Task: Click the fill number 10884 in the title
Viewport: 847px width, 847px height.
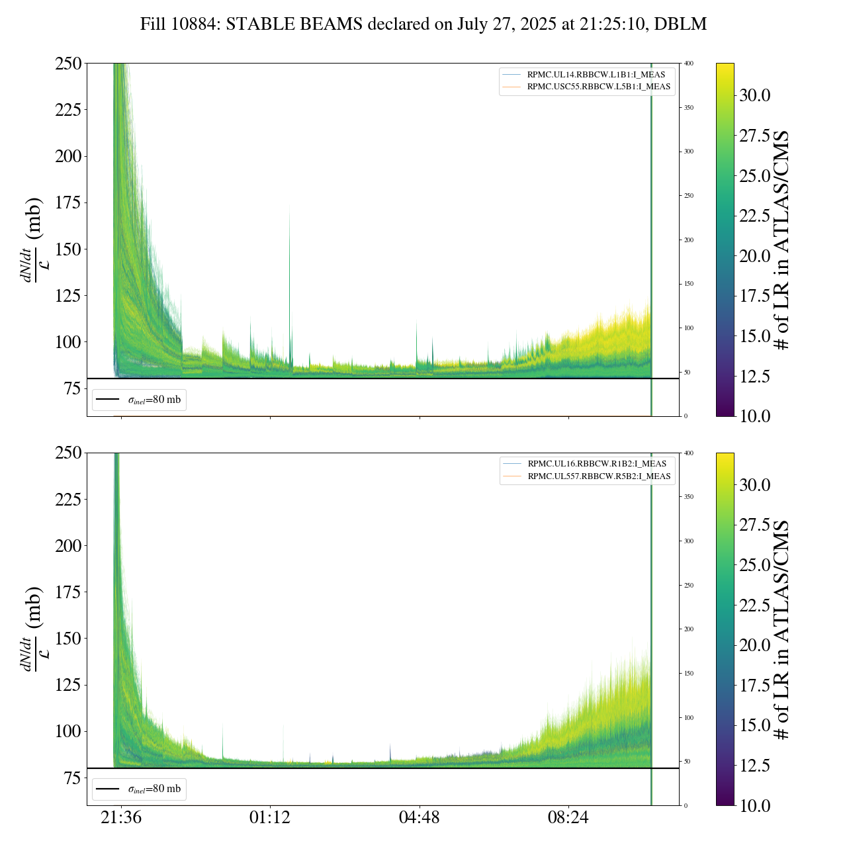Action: [197, 24]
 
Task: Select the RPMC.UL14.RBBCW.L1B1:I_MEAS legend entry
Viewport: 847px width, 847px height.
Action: [596, 75]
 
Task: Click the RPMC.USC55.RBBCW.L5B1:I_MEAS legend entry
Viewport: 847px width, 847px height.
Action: [598, 87]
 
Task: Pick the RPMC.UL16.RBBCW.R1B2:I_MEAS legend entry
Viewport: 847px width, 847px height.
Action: [597, 464]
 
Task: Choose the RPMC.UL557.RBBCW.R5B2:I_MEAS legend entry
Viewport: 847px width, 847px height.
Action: [599, 476]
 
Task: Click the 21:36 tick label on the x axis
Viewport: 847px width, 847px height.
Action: [121, 818]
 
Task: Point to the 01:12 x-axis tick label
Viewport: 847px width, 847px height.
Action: [270, 818]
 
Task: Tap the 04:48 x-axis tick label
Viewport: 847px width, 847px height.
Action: [419, 818]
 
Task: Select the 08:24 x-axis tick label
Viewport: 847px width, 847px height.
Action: [568, 818]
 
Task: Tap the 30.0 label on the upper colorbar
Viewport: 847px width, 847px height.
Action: [755, 95]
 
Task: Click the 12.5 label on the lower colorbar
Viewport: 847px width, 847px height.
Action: [755, 766]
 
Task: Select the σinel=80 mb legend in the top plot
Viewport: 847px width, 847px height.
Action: [139, 400]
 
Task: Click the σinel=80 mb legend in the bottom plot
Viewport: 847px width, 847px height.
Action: [139, 789]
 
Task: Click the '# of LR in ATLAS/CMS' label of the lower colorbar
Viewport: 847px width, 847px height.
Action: [782, 629]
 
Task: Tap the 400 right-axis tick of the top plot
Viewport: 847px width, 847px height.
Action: [689, 64]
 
